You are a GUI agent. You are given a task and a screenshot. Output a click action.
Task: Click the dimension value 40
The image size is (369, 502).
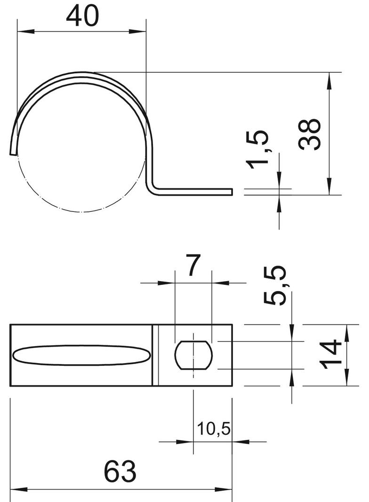click(x=82, y=16)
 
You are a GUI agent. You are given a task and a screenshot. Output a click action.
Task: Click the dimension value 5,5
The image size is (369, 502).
click(x=274, y=285)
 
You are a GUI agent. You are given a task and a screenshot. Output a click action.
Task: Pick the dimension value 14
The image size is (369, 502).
click(x=330, y=355)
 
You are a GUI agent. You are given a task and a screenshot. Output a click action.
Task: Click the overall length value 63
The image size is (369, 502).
click(x=120, y=471)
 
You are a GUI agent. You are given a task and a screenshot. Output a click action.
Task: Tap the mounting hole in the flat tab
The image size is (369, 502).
click(x=193, y=355)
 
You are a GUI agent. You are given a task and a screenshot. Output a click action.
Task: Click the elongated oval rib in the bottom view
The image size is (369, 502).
click(x=81, y=355)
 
